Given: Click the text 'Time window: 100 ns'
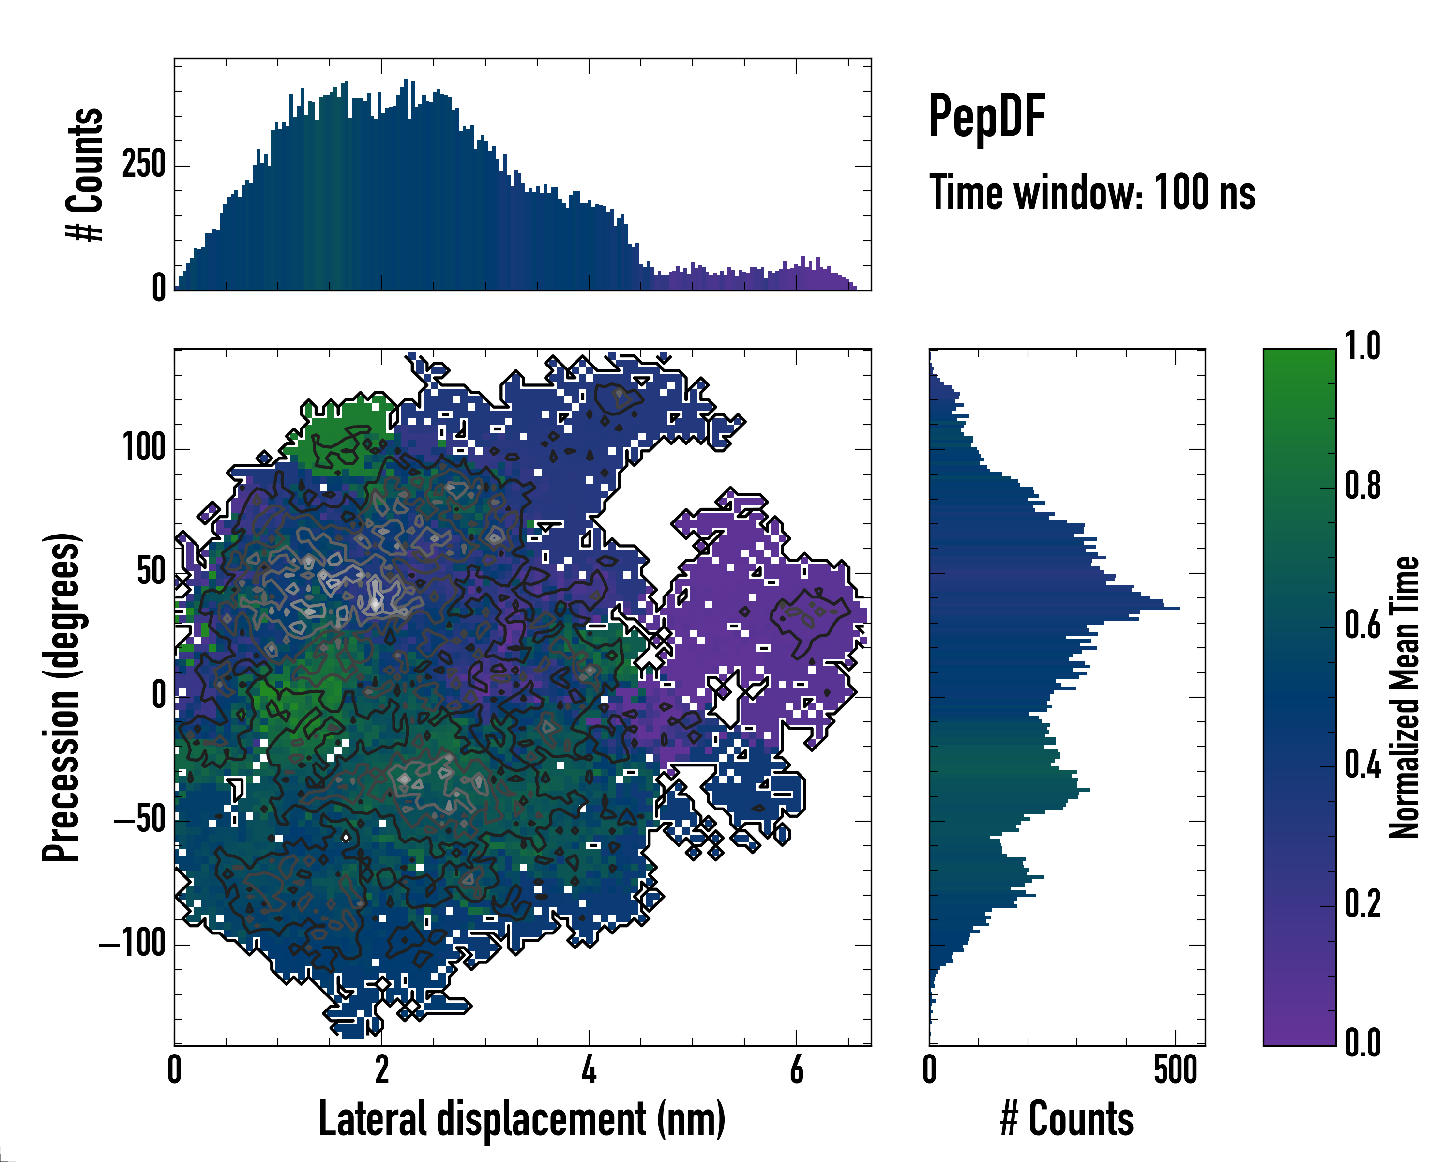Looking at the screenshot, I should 1092,193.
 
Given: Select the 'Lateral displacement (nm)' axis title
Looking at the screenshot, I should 522,1119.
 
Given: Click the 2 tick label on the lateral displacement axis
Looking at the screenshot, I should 382,1069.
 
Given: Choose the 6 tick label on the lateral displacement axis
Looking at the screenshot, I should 796,1069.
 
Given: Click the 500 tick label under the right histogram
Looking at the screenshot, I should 1175,1069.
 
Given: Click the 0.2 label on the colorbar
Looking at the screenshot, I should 1362,904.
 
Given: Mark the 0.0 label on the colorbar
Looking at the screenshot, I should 1362,1043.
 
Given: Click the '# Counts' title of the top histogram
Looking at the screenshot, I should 86,174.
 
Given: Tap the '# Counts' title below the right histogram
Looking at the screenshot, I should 1067,1119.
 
